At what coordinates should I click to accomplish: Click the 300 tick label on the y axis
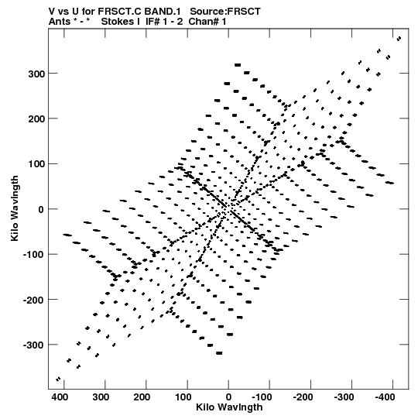click(x=36, y=74)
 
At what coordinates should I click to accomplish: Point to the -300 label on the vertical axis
click(x=33, y=345)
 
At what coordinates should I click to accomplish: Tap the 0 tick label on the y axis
click(x=41, y=210)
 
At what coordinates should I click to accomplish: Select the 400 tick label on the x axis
click(x=60, y=397)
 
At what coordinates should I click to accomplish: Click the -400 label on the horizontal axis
click(x=385, y=397)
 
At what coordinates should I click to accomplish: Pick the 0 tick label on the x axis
click(x=228, y=397)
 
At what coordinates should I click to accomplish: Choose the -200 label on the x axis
click(x=303, y=397)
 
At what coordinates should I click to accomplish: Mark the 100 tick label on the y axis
click(x=36, y=164)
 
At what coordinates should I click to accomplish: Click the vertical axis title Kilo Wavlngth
click(x=15, y=208)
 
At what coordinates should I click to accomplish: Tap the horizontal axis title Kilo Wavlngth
click(x=229, y=407)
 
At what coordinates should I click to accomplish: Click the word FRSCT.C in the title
click(x=119, y=12)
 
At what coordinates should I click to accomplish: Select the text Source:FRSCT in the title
click(x=225, y=12)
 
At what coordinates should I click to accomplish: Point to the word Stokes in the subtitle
click(x=121, y=22)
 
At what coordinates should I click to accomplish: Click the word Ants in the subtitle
click(x=60, y=22)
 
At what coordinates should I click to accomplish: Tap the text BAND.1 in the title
click(x=163, y=12)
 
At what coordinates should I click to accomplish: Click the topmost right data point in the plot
click(x=399, y=39)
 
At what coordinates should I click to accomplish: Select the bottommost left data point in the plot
click(x=58, y=379)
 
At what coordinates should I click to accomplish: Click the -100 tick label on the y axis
click(x=33, y=255)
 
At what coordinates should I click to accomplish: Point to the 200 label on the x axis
click(x=142, y=397)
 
